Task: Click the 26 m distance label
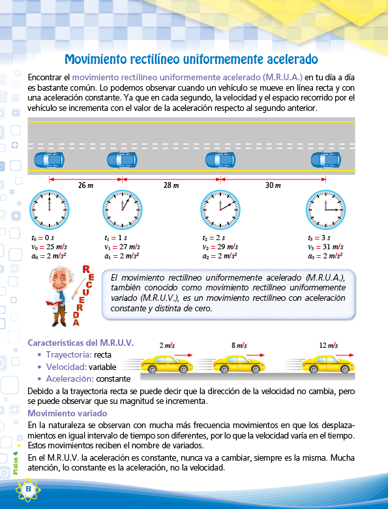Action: click(85, 185)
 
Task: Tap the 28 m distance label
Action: click(172, 185)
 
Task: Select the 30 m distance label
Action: click(273, 185)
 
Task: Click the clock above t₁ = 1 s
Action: click(123, 209)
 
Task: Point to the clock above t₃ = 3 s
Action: click(325, 209)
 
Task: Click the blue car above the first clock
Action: click(50, 160)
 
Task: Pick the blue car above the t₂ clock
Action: click(220, 160)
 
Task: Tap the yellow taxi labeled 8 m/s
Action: click(239, 364)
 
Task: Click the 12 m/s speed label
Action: click(329, 345)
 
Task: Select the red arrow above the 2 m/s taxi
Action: click(184, 355)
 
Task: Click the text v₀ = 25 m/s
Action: click(50, 247)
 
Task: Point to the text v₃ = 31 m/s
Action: click(325, 247)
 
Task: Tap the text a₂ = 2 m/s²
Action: click(220, 256)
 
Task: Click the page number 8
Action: click(28, 489)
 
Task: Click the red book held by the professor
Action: click(54, 303)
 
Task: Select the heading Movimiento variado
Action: click(67, 413)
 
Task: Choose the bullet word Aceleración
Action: click(70, 379)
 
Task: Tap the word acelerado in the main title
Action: click(292, 59)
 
